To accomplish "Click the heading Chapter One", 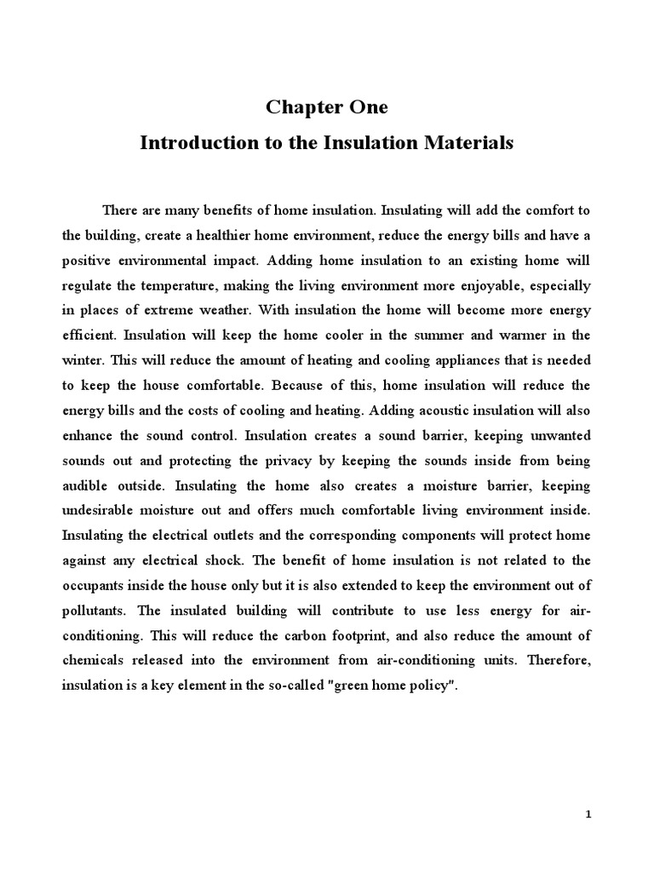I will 326,107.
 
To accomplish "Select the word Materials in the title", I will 465,143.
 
